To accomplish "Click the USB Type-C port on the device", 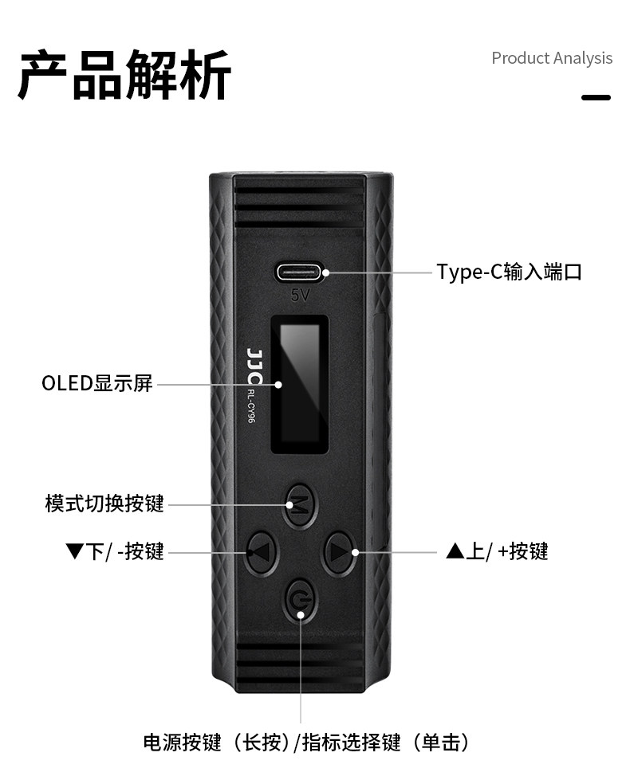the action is point(300,272).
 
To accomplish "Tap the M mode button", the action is point(299,505).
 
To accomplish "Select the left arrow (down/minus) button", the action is point(262,552).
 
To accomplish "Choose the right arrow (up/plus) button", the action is point(339,552).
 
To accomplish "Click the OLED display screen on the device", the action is point(299,384).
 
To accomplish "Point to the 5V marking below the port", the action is point(300,295).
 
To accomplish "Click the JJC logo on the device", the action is point(254,366).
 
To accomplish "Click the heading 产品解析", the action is point(125,75).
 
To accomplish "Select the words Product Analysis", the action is point(552,58).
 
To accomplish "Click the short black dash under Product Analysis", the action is point(596,97).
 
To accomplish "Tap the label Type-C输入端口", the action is point(509,272).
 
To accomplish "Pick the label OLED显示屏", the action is point(97,383).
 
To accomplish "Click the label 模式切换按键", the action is point(104,504).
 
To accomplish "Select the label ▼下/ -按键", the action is point(114,551).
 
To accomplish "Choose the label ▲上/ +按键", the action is point(497,551).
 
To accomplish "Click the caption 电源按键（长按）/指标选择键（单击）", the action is point(306,743).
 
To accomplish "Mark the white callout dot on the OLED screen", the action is point(279,384).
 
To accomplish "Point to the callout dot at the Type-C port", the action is point(326,272).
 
